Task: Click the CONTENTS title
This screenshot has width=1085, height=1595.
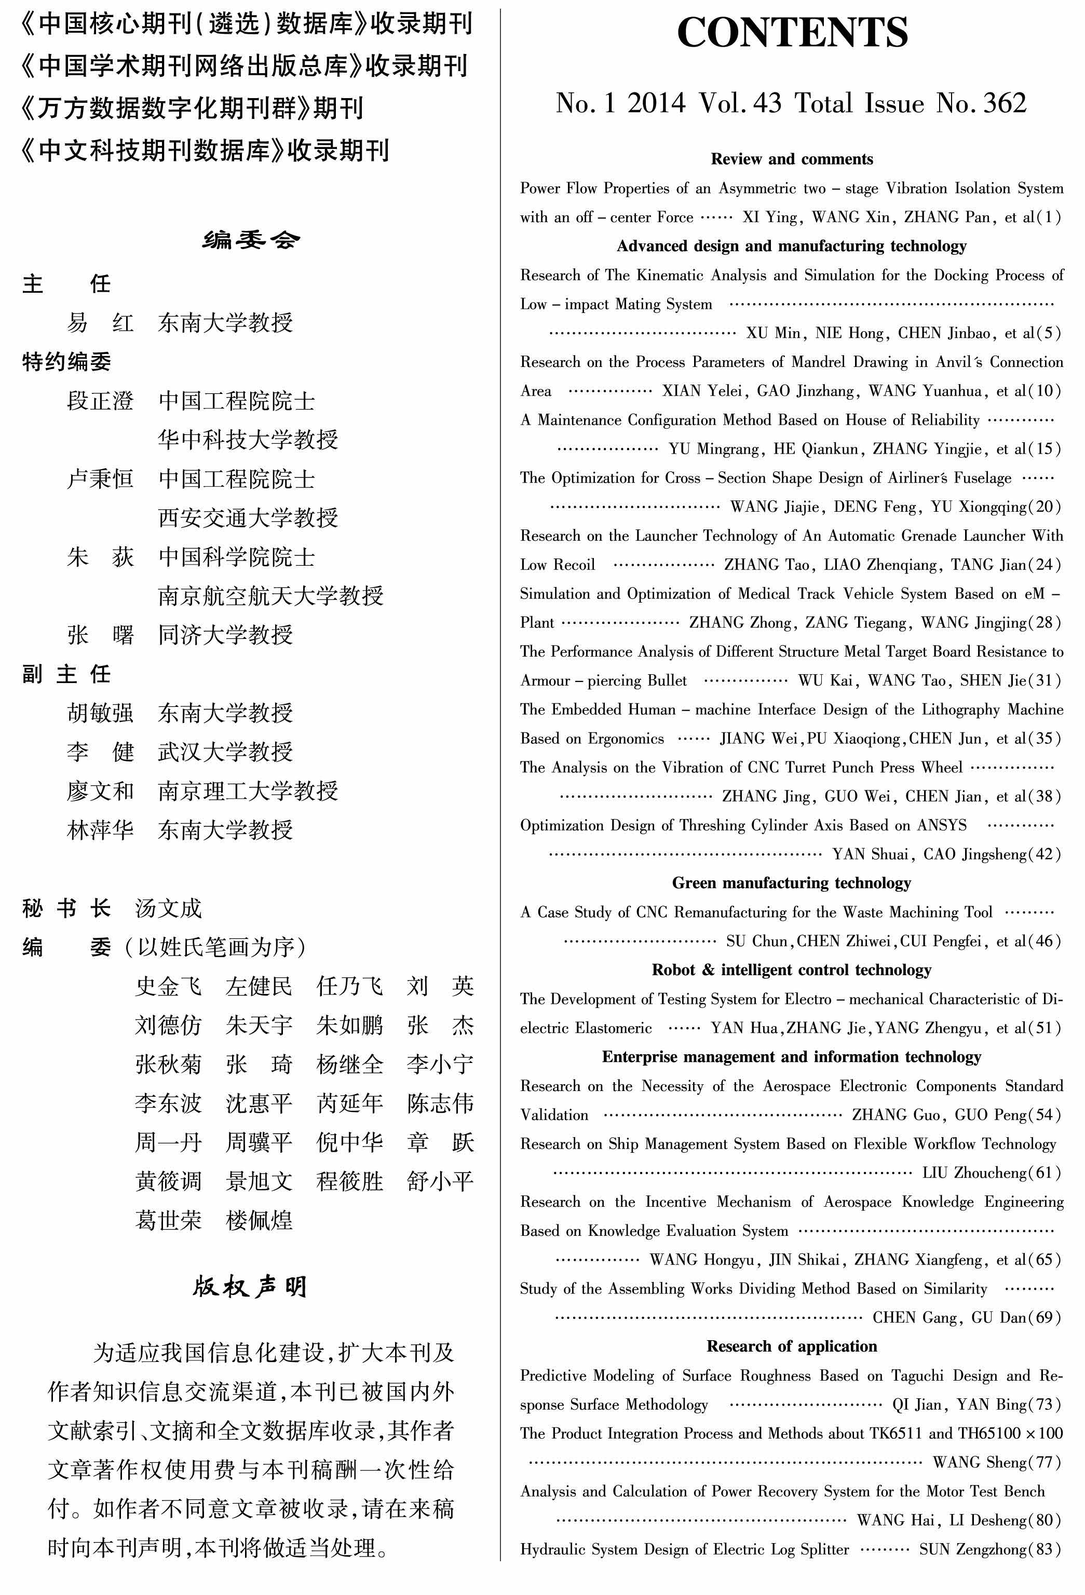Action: point(792,32)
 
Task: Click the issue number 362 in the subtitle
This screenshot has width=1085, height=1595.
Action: point(1005,104)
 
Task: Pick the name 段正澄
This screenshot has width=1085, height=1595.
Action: point(100,401)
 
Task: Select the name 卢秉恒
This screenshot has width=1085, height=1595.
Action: point(100,479)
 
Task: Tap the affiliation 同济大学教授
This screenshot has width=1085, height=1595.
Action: point(225,635)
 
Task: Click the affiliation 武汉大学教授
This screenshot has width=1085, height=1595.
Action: point(225,752)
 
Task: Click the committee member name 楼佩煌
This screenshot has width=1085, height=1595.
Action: point(259,1220)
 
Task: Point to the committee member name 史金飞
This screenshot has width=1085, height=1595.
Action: point(168,986)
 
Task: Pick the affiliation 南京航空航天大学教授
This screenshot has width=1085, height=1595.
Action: point(270,596)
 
